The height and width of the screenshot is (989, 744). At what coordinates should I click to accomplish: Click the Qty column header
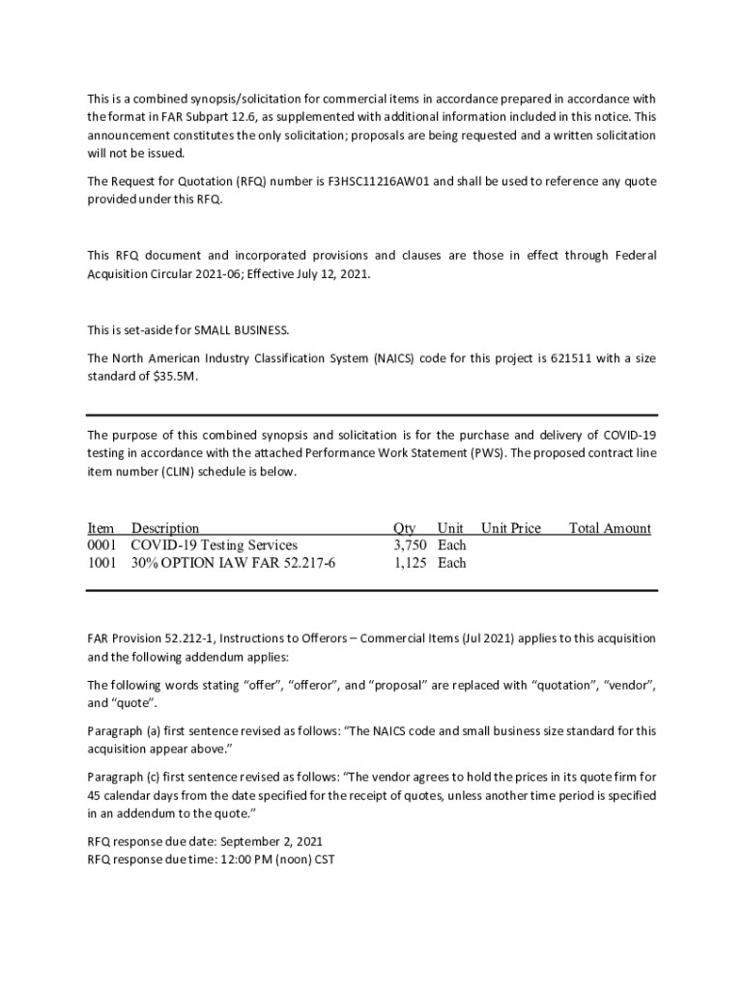pos(405,528)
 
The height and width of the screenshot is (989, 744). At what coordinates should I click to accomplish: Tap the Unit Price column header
pos(511,528)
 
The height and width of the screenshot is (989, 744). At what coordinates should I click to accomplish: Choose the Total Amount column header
pos(610,528)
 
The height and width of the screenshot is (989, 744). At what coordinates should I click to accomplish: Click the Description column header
pos(165,528)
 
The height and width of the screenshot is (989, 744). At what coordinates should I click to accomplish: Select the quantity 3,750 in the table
pos(410,546)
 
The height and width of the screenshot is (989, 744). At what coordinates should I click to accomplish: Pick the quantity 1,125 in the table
pos(410,563)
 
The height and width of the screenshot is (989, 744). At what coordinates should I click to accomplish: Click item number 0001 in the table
pos(101,546)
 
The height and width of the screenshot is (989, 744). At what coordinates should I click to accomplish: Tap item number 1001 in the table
pos(101,563)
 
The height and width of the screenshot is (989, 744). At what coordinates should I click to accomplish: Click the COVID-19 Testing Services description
pos(215,546)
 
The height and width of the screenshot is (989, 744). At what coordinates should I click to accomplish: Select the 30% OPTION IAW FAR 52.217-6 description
pos(234,563)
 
